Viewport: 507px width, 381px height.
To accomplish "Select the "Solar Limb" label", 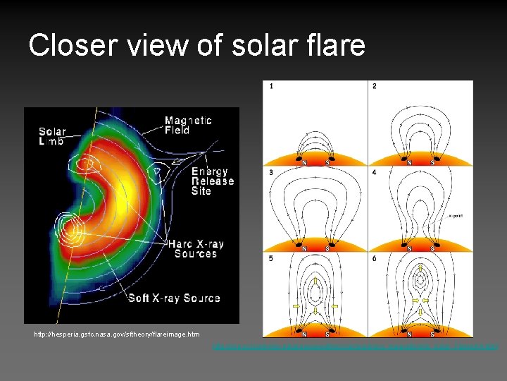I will pyautogui.click(x=52, y=136).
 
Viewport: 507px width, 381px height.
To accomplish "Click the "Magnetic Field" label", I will pyautogui.click(x=187, y=126).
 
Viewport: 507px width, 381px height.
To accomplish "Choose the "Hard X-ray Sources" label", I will pyautogui.click(x=195, y=249).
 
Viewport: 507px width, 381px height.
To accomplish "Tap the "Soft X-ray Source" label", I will pyautogui.click(x=174, y=298).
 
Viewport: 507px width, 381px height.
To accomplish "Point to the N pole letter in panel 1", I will pyautogui.click(x=304, y=162).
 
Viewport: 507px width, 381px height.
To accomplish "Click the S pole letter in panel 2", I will pyautogui.click(x=432, y=162).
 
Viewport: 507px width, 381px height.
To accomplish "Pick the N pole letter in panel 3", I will pyautogui.click(x=304, y=248).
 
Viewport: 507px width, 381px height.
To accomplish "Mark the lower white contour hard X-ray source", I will pyautogui.click(x=70, y=229).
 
